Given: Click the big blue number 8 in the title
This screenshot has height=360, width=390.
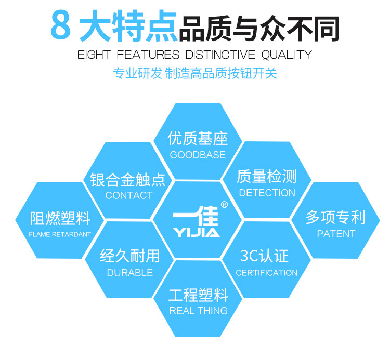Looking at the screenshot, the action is tap(61, 25).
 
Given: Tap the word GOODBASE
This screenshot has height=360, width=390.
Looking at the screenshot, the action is tap(198, 155).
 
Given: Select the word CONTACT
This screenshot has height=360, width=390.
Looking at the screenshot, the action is tap(128, 195).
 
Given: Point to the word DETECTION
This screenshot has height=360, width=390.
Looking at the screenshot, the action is tap(267, 193).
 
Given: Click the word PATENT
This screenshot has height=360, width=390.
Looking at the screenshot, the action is tap(336, 234).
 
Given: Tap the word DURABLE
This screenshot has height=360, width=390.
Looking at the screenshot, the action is tap(129, 272).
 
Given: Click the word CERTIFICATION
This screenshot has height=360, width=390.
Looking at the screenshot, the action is tap(267, 273).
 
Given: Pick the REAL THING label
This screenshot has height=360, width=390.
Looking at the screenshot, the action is tap(198, 311).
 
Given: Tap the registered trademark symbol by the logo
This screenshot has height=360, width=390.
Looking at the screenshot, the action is tap(224, 205).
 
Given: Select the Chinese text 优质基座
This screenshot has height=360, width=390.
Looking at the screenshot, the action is tap(198, 138).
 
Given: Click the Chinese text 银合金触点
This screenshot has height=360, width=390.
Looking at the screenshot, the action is tap(128, 180).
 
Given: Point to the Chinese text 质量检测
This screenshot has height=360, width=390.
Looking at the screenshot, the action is tap(267, 177).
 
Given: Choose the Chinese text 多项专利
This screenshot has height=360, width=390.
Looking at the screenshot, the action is tap(335, 217).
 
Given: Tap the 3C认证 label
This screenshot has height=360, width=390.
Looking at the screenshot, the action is tap(264, 256).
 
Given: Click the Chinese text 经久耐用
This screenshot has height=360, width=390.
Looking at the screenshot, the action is tap(129, 256).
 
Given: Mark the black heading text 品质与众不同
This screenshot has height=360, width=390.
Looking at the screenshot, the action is tap(258, 28).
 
